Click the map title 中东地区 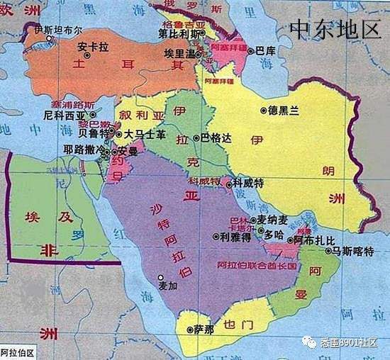coord(335,28)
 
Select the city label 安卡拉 coord(93,48)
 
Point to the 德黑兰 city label coord(284,111)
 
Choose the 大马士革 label coord(145,133)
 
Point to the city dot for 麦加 coord(161,276)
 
